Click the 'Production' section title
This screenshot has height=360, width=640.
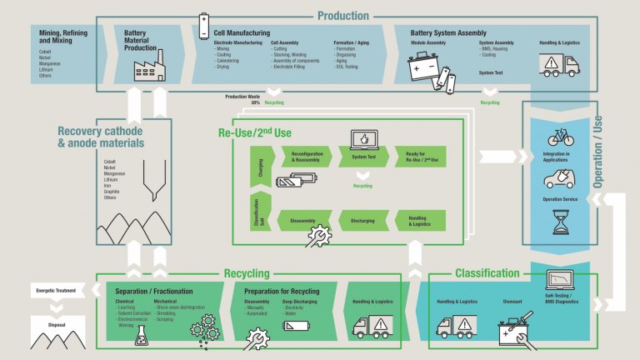tap(342, 15)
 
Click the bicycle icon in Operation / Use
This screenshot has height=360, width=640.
tap(560, 137)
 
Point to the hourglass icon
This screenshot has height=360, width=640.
tap(560, 222)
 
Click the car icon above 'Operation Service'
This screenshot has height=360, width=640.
tap(560, 178)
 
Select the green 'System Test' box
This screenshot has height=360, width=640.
tap(362, 156)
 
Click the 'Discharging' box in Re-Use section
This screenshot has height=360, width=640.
tap(362, 220)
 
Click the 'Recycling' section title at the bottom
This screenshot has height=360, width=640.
tap(247, 273)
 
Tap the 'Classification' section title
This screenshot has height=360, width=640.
tap(487, 273)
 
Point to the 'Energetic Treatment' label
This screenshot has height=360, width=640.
tap(57, 290)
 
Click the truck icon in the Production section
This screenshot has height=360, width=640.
tap(560, 65)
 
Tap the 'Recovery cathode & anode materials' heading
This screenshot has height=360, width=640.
tap(100, 137)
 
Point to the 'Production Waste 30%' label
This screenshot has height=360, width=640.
tap(243, 99)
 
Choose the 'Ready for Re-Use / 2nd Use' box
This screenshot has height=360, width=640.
tap(422, 156)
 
